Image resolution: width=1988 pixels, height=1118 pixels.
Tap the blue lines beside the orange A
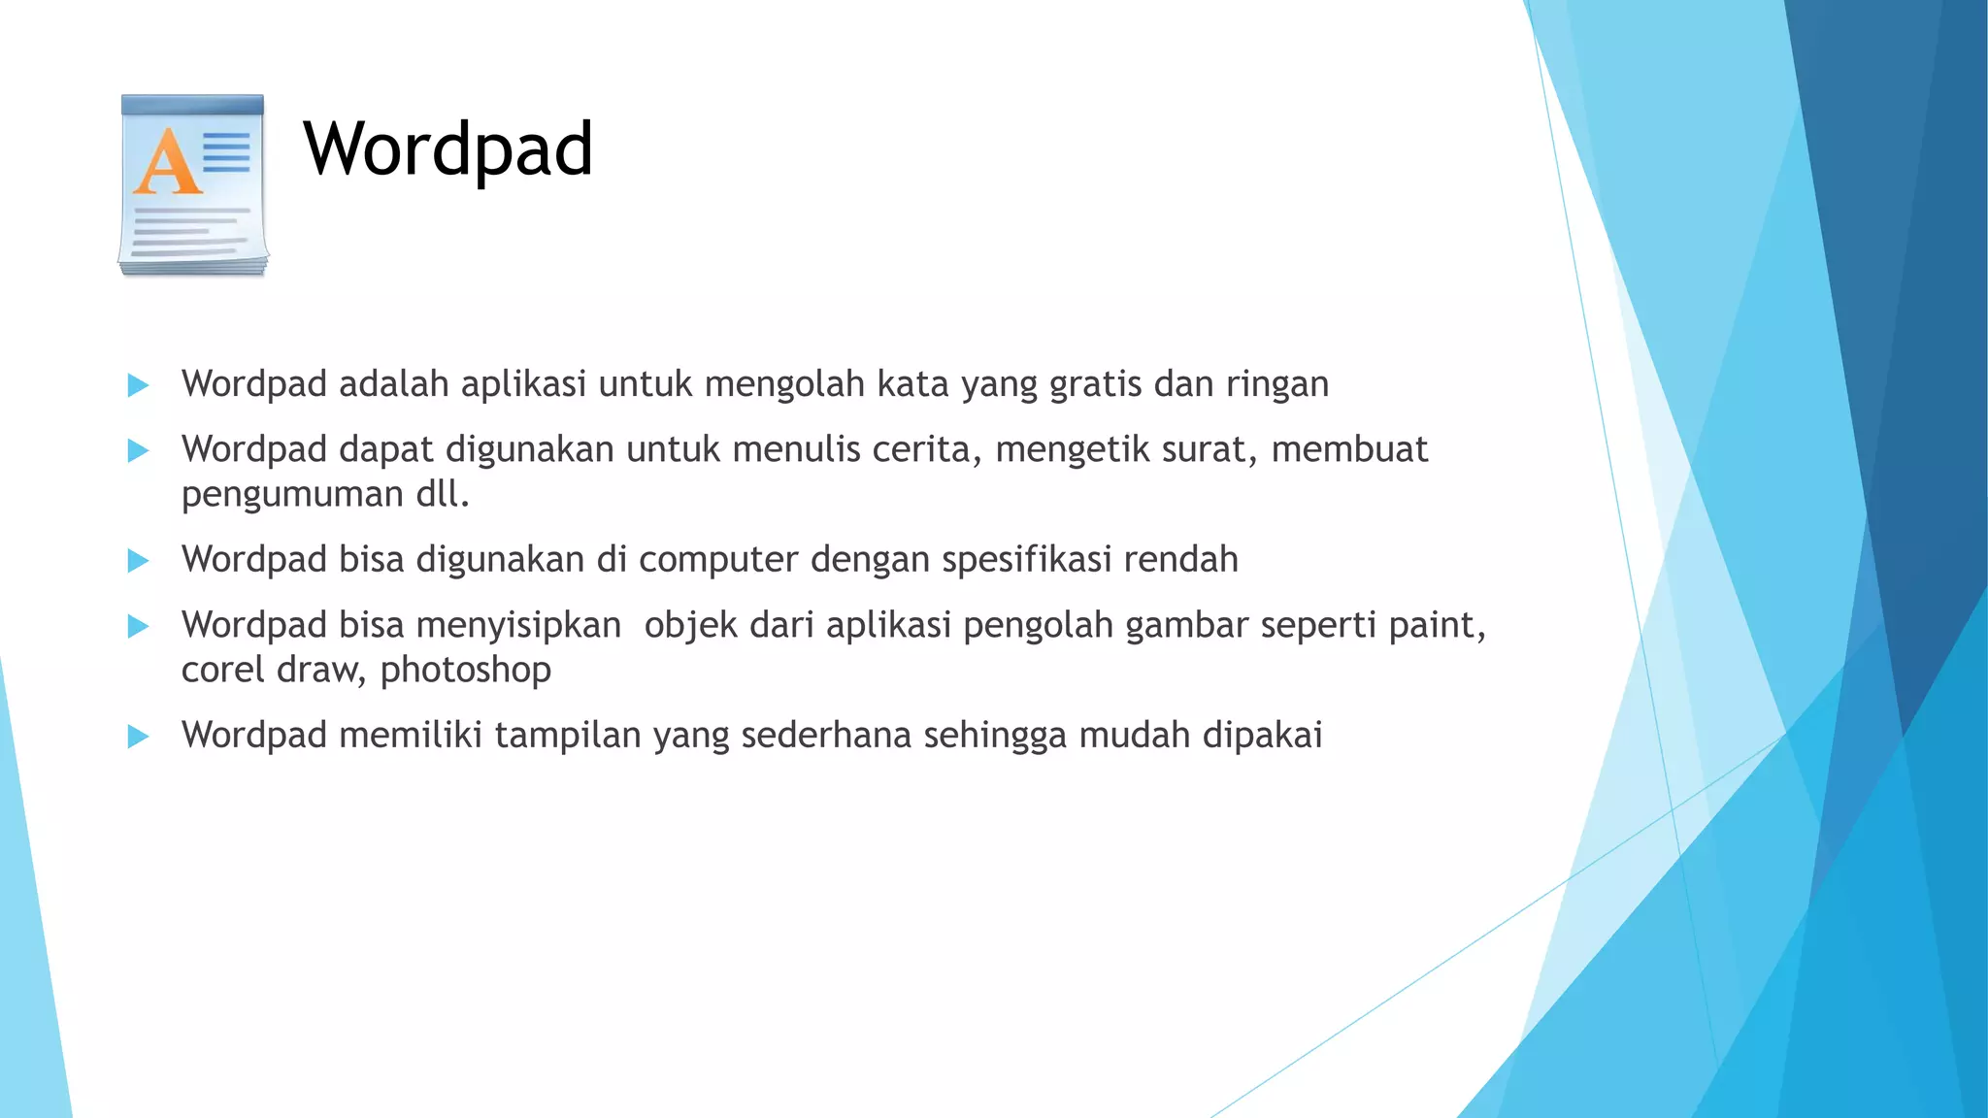click(x=226, y=152)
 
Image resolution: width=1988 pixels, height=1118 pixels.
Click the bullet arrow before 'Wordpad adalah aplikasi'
click(x=138, y=385)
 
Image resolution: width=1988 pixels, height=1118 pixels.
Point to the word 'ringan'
click(x=1276, y=384)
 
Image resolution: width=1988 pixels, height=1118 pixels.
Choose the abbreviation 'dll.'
click(x=443, y=494)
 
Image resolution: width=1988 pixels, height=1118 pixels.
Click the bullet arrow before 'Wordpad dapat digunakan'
click(x=138, y=450)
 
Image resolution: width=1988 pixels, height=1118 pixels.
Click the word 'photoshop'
click(x=466, y=670)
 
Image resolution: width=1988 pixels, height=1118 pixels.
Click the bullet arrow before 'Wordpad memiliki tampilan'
click(x=138, y=737)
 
